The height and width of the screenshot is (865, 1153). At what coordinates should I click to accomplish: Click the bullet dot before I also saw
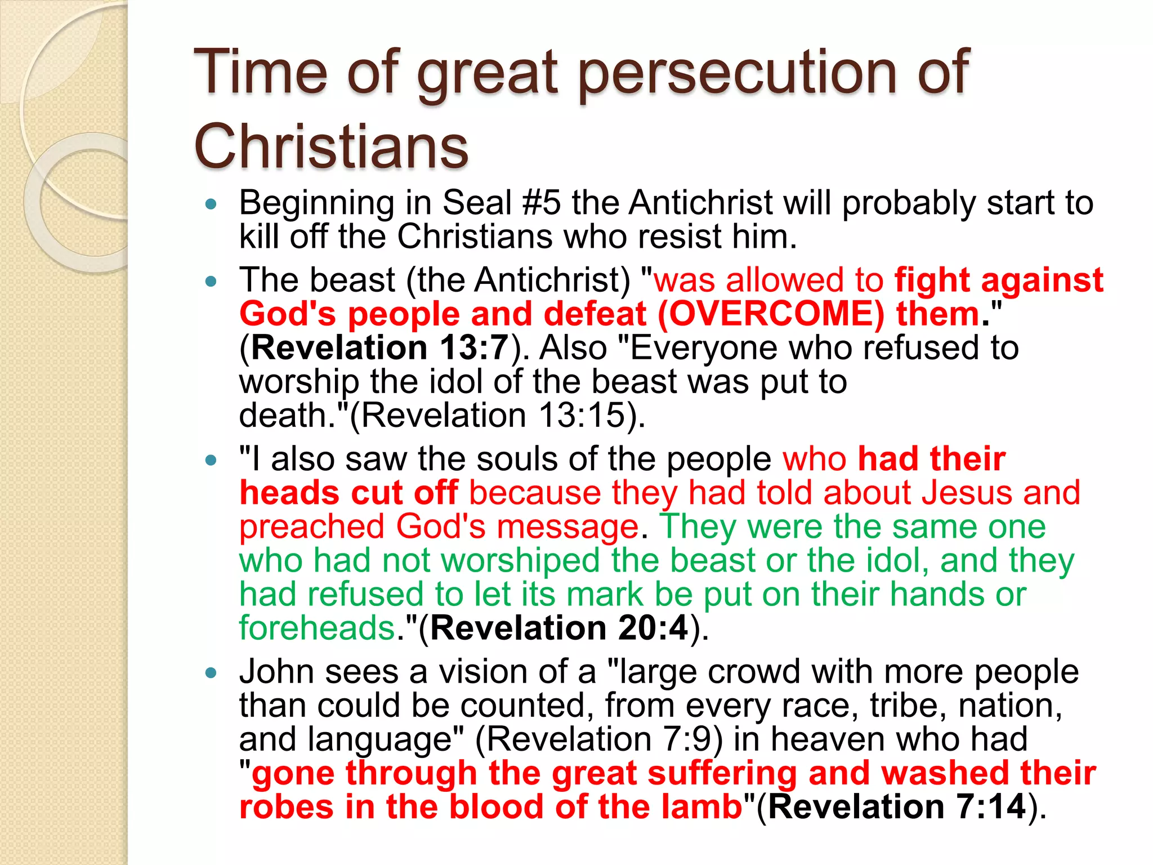(x=211, y=460)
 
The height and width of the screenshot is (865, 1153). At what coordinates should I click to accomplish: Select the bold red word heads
(x=289, y=493)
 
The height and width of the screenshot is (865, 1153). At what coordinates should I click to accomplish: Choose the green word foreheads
(x=317, y=628)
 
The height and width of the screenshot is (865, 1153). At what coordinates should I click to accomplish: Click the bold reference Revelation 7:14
(x=897, y=807)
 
